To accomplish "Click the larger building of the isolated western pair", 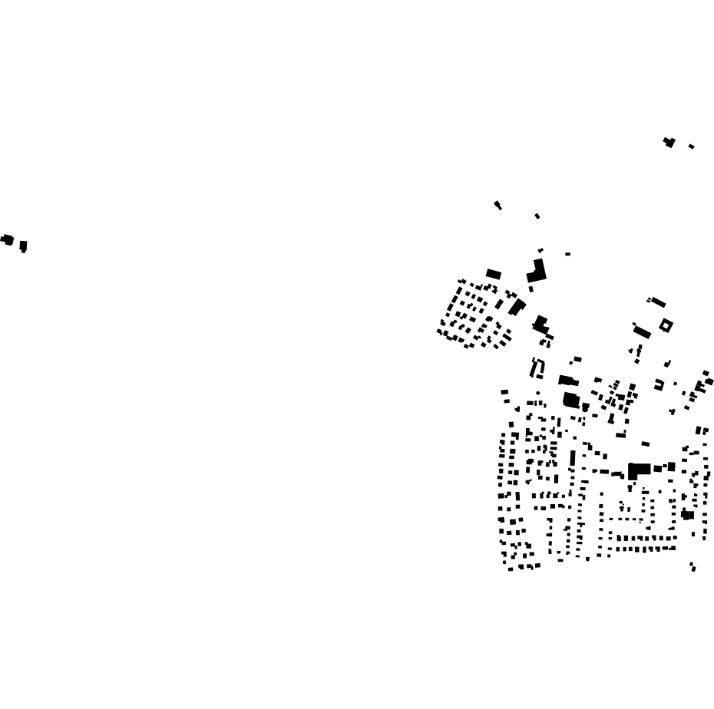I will [8, 240].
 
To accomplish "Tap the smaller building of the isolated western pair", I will [24, 246].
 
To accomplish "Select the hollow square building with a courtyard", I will [666, 326].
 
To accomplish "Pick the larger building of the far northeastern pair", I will [669, 142].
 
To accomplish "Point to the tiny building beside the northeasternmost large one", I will [692, 146].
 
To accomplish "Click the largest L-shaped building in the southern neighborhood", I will [637, 470].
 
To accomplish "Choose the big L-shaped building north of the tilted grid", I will [537, 271].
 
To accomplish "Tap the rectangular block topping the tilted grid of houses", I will [494, 274].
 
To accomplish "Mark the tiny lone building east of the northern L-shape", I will [567, 254].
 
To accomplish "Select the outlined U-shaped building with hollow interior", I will [537, 368].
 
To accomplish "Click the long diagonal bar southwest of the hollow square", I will [643, 332].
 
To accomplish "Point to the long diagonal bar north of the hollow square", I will [657, 302].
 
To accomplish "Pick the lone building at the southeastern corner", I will [693, 567].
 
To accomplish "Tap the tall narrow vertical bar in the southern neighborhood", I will [573, 458].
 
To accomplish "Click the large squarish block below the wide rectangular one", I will [570, 399].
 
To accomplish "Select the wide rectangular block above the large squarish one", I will [568, 381].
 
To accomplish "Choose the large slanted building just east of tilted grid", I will [517, 307].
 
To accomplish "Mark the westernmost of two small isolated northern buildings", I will [497, 205].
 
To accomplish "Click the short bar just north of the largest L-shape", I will [645, 444].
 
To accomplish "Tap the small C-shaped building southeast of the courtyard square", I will [659, 384].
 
